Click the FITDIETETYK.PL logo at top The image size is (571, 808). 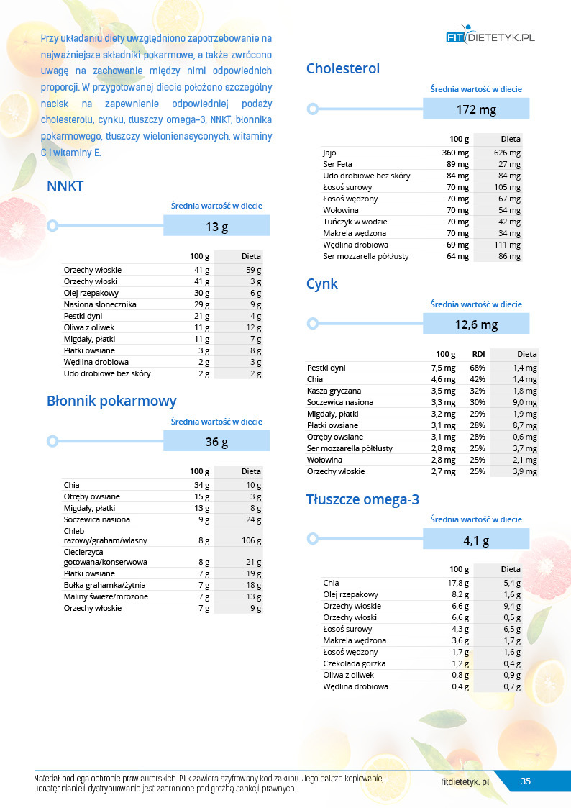coord(490,36)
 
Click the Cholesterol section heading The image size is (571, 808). coord(342,68)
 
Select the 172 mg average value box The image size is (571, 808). coord(476,109)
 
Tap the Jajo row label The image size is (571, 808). coord(329,153)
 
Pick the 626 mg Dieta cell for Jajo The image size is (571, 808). coord(507,153)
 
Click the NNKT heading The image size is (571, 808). coord(65,186)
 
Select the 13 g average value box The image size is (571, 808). coord(216,227)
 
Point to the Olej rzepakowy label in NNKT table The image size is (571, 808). coord(91,293)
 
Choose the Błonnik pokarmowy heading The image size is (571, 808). coord(111,401)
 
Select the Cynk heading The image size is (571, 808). coord(321,283)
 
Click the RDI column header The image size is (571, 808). coord(478,354)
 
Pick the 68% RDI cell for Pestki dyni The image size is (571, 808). coord(477,368)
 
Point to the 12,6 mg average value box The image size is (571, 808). coord(476,324)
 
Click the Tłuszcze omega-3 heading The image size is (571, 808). coord(362,499)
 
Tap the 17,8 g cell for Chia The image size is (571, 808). coord(458,583)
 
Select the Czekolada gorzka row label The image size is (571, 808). coord(355,663)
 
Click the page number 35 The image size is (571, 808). coord(526,781)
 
